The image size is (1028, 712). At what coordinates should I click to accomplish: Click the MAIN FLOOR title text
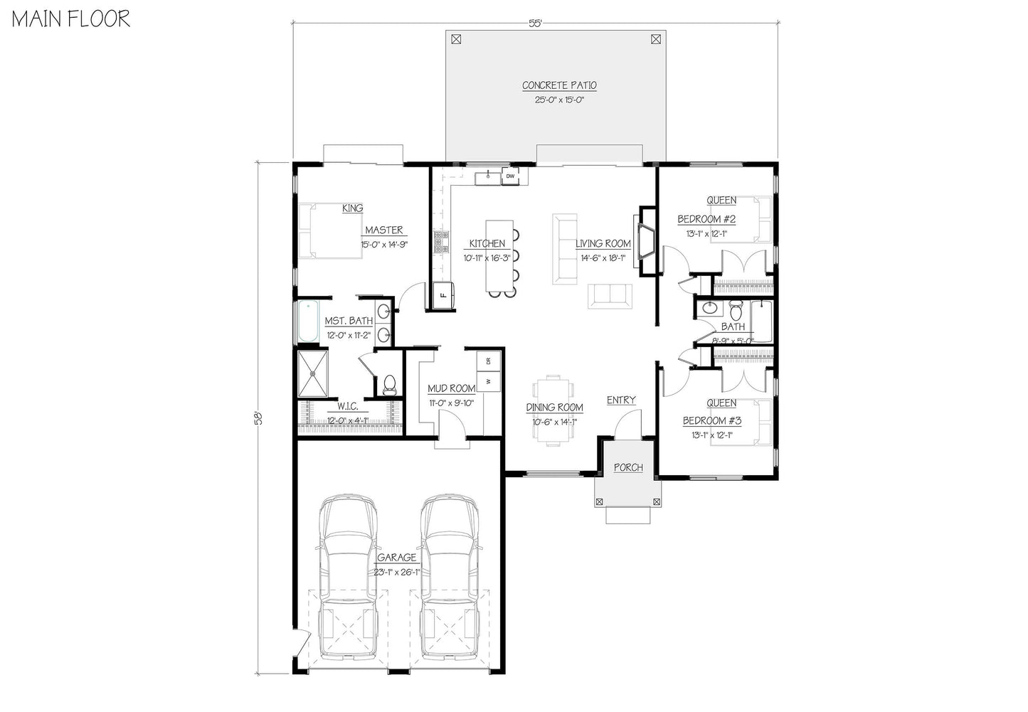pyautogui.click(x=70, y=19)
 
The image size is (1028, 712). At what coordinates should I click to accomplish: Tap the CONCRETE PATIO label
pyautogui.click(x=559, y=85)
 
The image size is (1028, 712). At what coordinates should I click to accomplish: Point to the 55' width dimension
pyautogui.click(x=535, y=23)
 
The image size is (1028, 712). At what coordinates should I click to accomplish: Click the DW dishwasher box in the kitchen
pyautogui.click(x=510, y=176)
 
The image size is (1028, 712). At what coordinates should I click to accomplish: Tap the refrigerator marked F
pyautogui.click(x=442, y=294)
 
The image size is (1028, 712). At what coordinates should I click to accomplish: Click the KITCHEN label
pyautogui.click(x=487, y=243)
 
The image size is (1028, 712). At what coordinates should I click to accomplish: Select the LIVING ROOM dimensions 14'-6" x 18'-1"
pyautogui.click(x=603, y=258)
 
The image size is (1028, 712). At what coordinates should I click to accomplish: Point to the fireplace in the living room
pyautogui.click(x=647, y=240)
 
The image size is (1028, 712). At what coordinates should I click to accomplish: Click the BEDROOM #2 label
pyautogui.click(x=706, y=219)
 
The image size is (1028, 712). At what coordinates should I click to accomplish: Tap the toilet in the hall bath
pyautogui.click(x=736, y=311)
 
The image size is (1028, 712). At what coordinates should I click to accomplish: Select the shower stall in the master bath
pyautogui.click(x=312, y=373)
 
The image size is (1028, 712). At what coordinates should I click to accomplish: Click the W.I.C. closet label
pyautogui.click(x=347, y=405)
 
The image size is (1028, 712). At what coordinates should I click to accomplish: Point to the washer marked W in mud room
pyautogui.click(x=489, y=381)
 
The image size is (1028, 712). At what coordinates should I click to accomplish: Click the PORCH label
pyautogui.click(x=627, y=467)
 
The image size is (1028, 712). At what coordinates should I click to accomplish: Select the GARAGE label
pyautogui.click(x=396, y=558)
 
